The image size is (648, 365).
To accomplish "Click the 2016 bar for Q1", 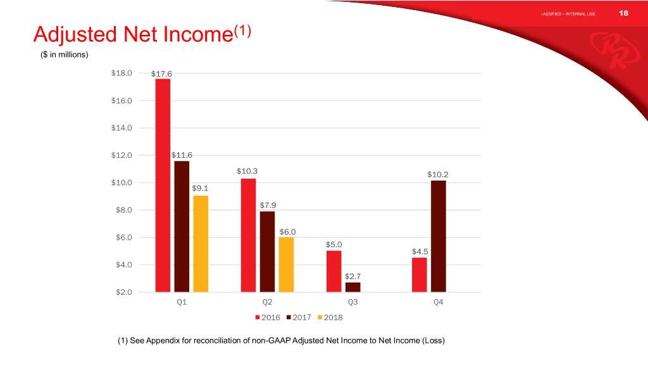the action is pyautogui.click(x=163, y=186).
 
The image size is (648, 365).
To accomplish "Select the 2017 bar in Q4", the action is pyautogui.click(x=439, y=236).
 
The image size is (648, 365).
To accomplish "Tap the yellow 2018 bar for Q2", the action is pyautogui.click(x=287, y=265).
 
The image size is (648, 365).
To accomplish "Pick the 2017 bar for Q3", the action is pyautogui.click(x=353, y=287).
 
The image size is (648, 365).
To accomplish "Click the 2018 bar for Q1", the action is pyautogui.click(x=201, y=244).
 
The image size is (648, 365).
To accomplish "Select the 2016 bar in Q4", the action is pyautogui.click(x=420, y=275).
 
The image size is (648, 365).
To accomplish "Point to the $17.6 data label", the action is pyautogui.click(x=161, y=74).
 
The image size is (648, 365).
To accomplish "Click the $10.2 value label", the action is pyautogui.click(x=438, y=175).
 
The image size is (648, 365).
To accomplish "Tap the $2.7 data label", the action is pyautogui.click(x=353, y=276).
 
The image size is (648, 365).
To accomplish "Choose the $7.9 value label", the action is pyautogui.click(x=268, y=205).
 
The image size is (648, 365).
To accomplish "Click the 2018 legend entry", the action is pyautogui.click(x=330, y=317).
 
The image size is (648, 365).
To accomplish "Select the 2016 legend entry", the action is pyautogui.click(x=268, y=317).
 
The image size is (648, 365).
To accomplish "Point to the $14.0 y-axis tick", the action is pyautogui.click(x=121, y=128).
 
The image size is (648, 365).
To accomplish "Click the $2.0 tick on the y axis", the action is pyautogui.click(x=123, y=292).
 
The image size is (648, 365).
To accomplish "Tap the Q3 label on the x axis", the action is pyautogui.click(x=352, y=302).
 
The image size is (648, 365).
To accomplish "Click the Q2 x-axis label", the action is pyautogui.click(x=268, y=302).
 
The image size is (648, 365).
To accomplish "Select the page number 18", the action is pyautogui.click(x=623, y=13).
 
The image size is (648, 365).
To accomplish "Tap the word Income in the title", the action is pyautogui.click(x=198, y=34).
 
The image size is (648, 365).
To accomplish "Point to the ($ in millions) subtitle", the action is pyautogui.click(x=65, y=54).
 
